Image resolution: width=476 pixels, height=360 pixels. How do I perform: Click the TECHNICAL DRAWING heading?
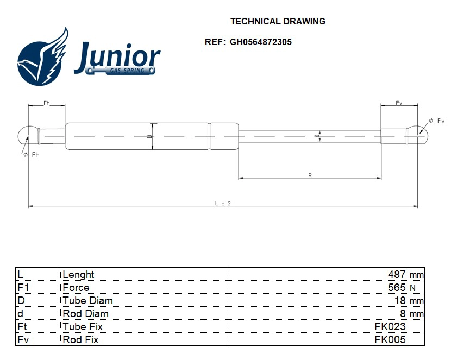[x=278, y=22]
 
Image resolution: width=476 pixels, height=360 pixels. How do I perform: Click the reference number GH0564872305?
[x=260, y=42]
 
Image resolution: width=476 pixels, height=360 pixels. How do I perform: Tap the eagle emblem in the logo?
[x=43, y=59]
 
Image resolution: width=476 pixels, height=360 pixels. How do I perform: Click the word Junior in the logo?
[x=117, y=56]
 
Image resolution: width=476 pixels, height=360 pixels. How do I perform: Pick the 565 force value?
[x=397, y=288]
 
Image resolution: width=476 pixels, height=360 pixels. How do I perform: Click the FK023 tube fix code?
[x=390, y=327]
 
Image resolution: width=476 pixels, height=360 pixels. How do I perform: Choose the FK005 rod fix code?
[x=390, y=340]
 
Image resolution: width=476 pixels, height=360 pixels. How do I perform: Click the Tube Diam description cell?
[x=87, y=301]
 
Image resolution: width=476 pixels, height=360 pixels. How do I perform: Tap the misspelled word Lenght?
[x=78, y=275]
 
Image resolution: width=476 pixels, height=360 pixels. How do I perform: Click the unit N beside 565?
[x=412, y=288]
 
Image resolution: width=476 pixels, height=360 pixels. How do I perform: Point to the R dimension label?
[x=310, y=175]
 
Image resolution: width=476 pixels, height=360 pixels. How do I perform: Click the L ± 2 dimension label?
[x=223, y=203]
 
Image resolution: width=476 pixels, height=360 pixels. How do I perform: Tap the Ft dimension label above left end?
[x=46, y=103]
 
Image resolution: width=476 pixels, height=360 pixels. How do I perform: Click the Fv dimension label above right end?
[x=399, y=103]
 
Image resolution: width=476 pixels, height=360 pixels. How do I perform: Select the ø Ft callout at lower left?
[x=32, y=155]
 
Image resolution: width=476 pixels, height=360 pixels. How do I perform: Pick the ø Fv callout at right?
[x=436, y=121]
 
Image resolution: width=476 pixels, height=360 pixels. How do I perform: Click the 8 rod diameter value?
[x=403, y=314]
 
